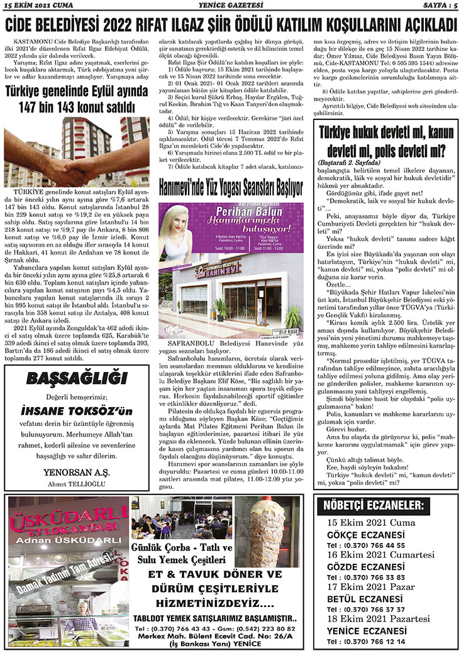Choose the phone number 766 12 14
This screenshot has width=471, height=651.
[x=381, y=641]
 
